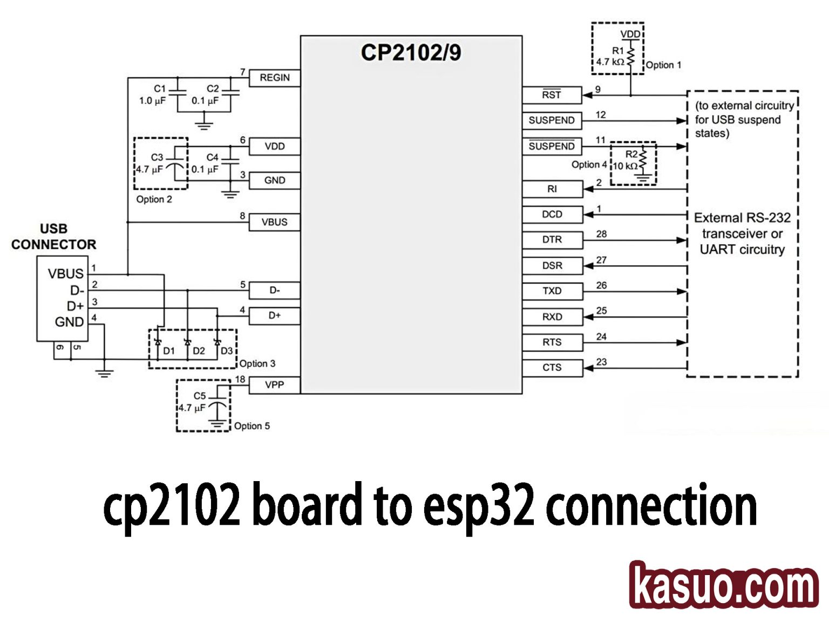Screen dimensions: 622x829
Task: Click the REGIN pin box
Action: (274, 78)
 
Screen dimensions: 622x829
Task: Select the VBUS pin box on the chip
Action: (274, 222)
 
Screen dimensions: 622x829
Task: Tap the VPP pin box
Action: (274, 385)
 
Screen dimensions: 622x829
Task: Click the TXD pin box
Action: (552, 291)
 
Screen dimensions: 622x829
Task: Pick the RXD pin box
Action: (552, 317)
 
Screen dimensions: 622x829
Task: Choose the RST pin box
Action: (552, 95)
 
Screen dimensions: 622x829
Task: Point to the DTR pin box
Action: (552, 240)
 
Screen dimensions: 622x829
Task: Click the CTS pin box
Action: (552, 368)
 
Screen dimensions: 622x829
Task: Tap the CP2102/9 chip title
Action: (411, 53)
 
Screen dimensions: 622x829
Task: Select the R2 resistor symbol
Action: (643, 160)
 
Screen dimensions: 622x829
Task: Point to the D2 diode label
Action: (199, 351)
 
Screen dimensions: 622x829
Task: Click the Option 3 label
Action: (257, 363)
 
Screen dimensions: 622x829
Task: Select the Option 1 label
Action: (663, 65)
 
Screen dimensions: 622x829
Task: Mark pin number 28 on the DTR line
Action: (601, 234)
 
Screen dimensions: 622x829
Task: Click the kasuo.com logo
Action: (724, 585)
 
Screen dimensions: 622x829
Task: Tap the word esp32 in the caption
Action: (478, 506)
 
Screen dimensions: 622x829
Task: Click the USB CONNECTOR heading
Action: (53, 236)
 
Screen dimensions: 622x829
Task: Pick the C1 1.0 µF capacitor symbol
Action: (178, 93)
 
